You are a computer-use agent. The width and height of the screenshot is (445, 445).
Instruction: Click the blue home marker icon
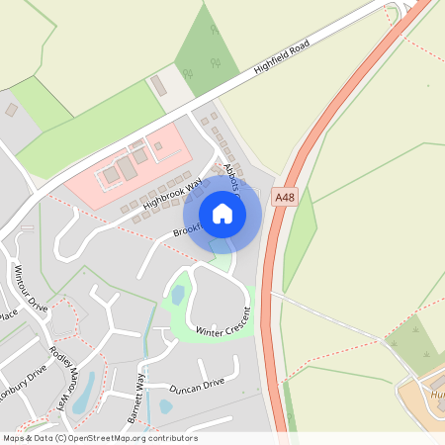(222, 214)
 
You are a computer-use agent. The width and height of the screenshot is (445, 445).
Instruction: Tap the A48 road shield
(285, 197)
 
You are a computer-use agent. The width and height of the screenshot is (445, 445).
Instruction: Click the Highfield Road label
(282, 59)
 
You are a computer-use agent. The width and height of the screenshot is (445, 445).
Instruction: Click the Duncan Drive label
(197, 386)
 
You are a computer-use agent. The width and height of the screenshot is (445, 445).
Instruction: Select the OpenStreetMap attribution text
(99, 438)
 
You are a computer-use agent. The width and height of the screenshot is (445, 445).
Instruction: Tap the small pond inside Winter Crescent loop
(178, 295)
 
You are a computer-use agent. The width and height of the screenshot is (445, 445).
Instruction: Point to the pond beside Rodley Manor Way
(83, 392)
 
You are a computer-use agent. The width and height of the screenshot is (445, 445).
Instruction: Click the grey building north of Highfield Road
(158, 85)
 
